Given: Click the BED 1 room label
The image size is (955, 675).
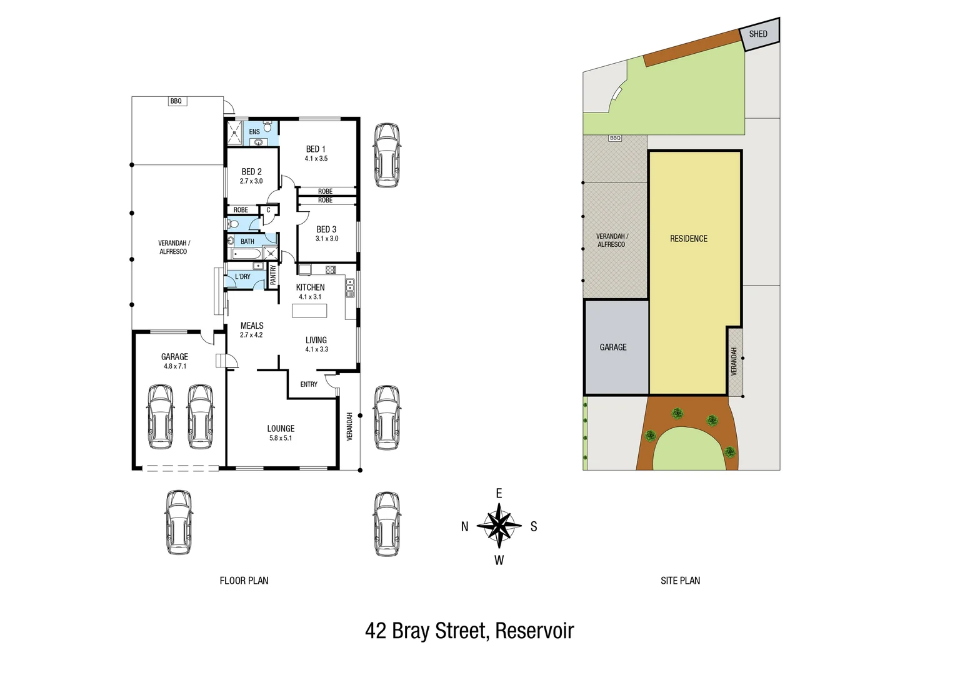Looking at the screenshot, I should point(316,149).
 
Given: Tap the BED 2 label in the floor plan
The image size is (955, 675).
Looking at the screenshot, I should point(251,172).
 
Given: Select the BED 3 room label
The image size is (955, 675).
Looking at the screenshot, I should point(326,230).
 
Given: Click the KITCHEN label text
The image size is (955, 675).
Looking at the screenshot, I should point(310,287).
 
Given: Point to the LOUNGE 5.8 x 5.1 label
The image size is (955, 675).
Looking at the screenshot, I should point(281,432).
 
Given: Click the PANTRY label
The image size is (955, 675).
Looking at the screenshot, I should point(273,275).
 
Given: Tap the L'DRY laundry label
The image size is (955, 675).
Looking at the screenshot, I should point(242,277).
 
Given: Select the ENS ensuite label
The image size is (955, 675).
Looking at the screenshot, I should point(254,132).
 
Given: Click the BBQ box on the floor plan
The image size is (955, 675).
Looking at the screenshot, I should point(176,101).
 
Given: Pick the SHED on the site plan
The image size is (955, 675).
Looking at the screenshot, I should point(758,34).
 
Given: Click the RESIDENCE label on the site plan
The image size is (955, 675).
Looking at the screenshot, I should point(689,239).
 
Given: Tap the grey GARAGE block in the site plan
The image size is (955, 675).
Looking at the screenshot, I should point(613,347).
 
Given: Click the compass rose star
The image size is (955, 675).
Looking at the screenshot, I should point(499,526).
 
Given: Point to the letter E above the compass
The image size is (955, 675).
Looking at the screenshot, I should point(499,494).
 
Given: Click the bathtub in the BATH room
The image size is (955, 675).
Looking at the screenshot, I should point(246,254).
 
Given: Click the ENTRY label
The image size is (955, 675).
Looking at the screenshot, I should point(309,384).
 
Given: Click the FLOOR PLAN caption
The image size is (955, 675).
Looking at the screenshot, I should point(244,581).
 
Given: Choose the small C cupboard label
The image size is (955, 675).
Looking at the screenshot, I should point(269,210).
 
